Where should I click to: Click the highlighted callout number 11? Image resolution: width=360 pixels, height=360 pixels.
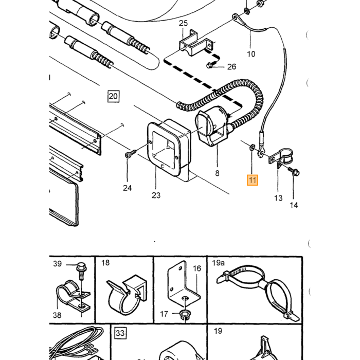tap(253, 180)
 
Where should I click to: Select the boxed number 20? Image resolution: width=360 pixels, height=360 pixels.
tap(114, 96)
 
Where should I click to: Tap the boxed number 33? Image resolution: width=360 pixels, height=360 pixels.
tap(120, 333)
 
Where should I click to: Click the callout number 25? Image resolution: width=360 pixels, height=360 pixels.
tap(183, 23)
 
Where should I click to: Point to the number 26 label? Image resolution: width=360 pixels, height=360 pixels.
tap(231, 66)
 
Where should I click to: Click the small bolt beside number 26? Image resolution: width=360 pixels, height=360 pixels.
tap(209, 66)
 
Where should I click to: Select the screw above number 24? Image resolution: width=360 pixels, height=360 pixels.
tap(131, 153)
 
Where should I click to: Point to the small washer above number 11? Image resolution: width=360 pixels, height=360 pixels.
tap(251, 148)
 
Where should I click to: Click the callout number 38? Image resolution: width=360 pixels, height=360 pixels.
tap(57, 315)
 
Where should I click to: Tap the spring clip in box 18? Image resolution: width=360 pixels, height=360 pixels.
tap(127, 294)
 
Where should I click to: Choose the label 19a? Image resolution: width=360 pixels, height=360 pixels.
tap(218, 263)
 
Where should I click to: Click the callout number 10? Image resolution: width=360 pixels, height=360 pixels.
tap(251, 54)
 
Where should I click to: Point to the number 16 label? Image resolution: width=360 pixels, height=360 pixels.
tap(197, 268)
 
